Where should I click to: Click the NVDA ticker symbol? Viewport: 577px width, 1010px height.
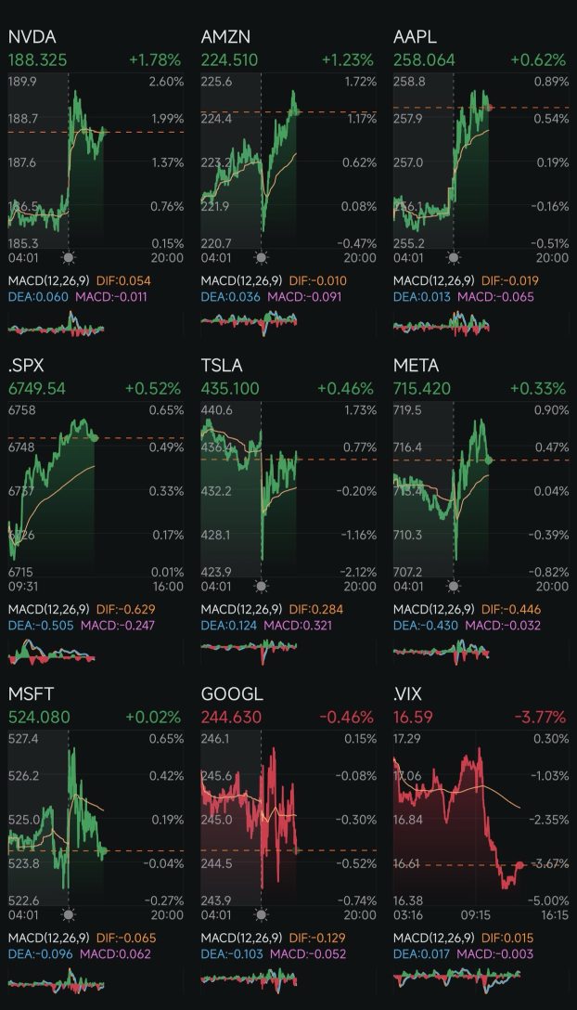pos(32,37)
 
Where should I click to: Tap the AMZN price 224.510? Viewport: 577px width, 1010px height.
pos(230,60)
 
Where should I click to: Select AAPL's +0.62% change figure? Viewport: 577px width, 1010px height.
pos(537,60)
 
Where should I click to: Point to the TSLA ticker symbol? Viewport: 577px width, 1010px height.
pos(222,366)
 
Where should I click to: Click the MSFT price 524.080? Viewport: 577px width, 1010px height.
pos(39,717)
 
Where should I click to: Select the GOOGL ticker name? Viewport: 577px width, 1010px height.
pos(232,694)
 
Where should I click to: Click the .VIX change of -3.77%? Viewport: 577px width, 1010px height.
pos(537,717)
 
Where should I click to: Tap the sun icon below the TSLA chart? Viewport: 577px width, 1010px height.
pos(261,587)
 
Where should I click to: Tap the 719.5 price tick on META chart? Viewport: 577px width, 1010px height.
pos(408,410)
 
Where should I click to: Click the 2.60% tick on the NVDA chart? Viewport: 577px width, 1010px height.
pos(166,83)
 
